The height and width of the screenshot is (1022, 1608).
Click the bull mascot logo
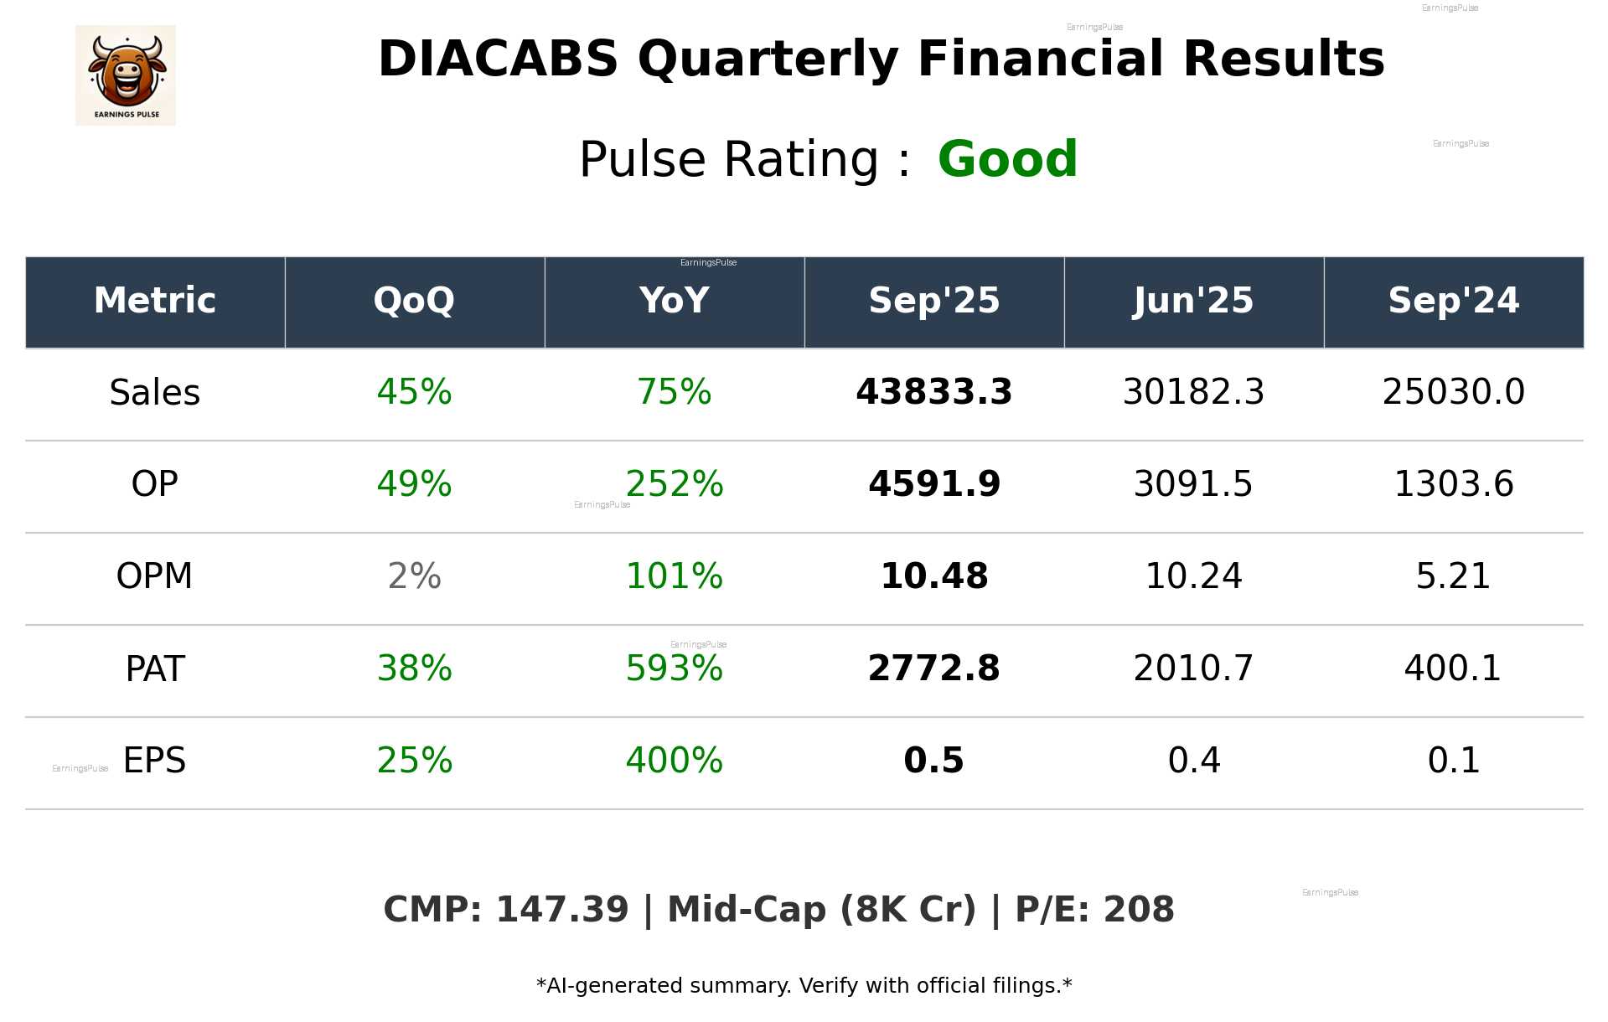tap(126, 75)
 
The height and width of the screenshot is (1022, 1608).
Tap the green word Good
tap(1007, 159)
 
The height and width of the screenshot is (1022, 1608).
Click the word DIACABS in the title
tap(498, 59)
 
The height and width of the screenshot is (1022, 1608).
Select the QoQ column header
tap(414, 301)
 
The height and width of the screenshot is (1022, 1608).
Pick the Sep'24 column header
tap(1453, 301)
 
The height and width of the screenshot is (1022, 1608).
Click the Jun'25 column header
tap(1193, 301)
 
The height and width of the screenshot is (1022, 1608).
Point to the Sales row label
tap(155, 392)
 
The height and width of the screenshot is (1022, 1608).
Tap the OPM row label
tap(155, 576)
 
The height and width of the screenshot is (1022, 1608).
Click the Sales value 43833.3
tap(933, 392)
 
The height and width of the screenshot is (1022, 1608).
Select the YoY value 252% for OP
tap(675, 484)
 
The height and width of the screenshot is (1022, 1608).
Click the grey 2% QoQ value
tap(414, 576)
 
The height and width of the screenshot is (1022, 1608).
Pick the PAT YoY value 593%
tap(675, 668)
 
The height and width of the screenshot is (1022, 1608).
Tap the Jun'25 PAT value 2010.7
tap(1193, 668)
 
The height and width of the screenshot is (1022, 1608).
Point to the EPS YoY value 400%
tap(675, 761)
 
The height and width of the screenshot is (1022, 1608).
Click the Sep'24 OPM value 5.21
tap(1453, 576)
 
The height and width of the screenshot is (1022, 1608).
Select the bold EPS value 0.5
tap(933, 761)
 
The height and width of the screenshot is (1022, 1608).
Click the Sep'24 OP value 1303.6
tap(1453, 484)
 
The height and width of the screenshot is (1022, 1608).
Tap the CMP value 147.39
tap(561, 910)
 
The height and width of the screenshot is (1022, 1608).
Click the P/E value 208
tap(1139, 910)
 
